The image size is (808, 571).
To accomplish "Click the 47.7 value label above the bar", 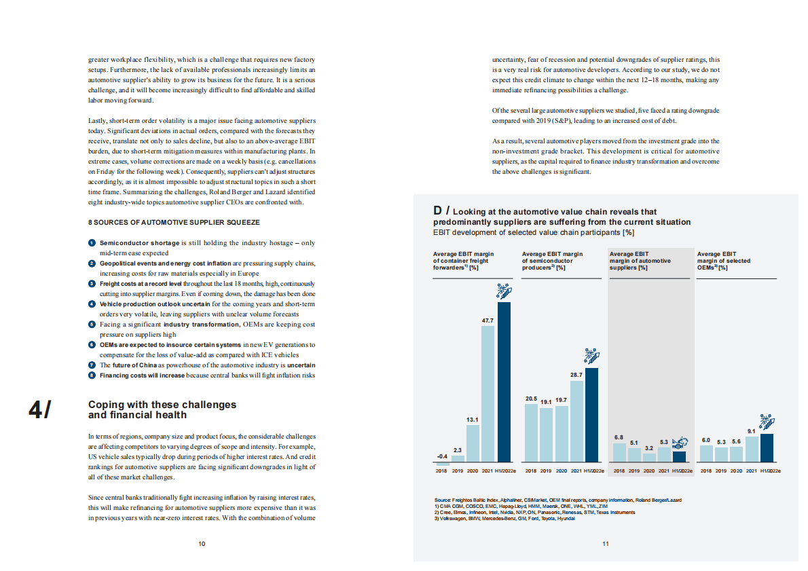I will [488, 320].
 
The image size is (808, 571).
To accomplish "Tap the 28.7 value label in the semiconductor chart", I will [576, 375].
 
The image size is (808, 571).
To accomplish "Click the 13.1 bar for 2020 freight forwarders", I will [473, 443].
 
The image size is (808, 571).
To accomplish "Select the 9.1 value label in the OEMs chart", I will [751, 430].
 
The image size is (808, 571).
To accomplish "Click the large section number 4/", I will [39, 409].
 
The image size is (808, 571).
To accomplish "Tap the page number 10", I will [202, 543].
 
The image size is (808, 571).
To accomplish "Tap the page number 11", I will [606, 543].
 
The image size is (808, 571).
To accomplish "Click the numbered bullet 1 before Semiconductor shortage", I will [92, 243].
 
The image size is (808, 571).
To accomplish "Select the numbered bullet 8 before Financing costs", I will [92, 375].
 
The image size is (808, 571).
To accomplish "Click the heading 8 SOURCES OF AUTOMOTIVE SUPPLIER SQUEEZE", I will [174, 222].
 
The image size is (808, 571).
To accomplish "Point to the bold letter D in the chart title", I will [439, 211].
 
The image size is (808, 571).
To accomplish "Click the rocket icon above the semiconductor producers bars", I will [591, 356].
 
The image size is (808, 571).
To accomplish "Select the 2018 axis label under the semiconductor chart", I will [532, 470].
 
